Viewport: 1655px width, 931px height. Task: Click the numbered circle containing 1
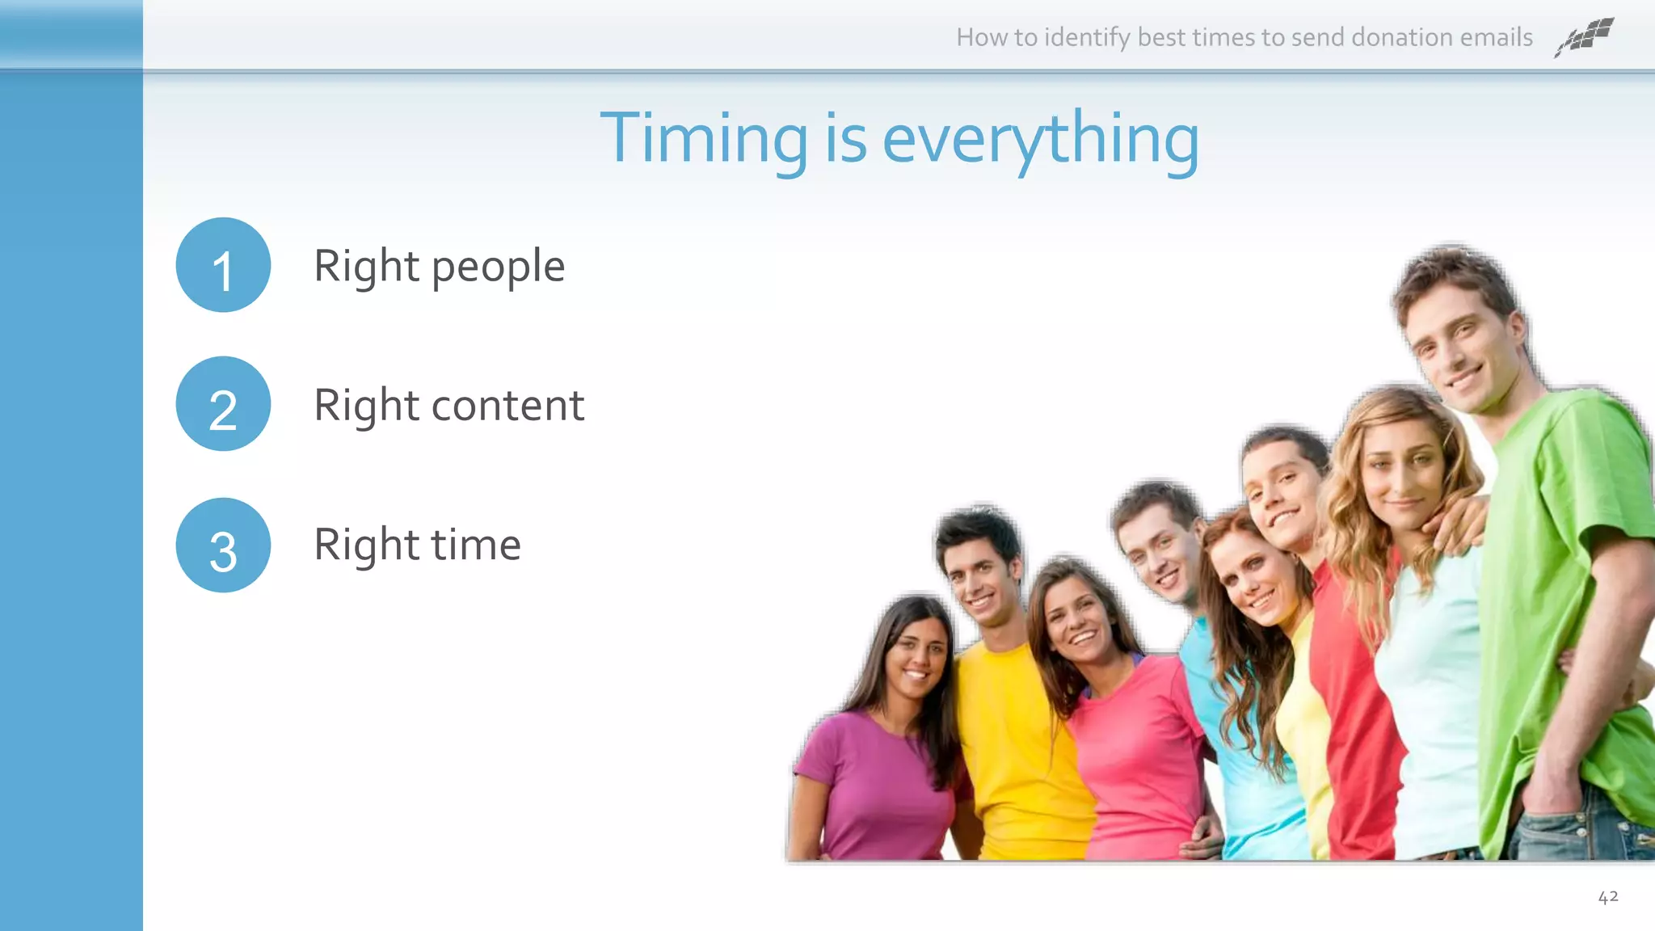[223, 265]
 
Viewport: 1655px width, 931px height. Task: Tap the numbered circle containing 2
[223, 404]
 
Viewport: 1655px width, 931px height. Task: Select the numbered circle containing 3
[223, 545]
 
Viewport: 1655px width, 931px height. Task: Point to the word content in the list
[507, 406]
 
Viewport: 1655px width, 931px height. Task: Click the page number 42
[1607, 897]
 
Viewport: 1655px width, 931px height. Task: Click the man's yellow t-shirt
[1010, 744]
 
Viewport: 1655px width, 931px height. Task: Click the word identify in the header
[1087, 38]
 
